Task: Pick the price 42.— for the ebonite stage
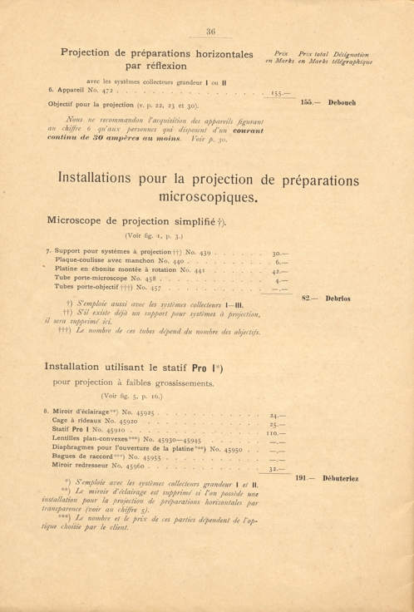coord(280,271)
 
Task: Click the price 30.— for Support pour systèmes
coord(280,252)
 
